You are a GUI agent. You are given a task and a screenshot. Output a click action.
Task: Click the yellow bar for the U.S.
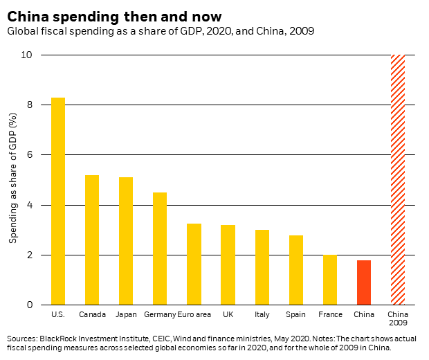click(x=58, y=201)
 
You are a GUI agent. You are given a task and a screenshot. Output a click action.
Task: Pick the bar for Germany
click(x=160, y=249)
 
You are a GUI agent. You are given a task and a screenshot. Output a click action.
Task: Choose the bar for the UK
click(x=228, y=265)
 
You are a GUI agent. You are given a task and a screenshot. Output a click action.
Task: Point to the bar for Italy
click(x=262, y=267)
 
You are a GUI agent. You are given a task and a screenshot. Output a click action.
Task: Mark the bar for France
click(x=330, y=280)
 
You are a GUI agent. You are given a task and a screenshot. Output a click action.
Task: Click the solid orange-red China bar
click(x=364, y=282)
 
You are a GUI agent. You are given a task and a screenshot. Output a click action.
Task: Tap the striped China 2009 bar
click(x=398, y=180)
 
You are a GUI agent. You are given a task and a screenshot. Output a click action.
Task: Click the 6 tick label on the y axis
click(x=30, y=155)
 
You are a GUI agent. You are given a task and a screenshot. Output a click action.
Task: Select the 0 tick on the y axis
click(x=30, y=305)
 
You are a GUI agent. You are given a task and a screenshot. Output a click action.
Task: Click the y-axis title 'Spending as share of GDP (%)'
click(x=13, y=180)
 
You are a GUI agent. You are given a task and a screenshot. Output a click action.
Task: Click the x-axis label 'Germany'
click(x=160, y=315)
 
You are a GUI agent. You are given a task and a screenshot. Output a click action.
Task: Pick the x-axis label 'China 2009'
click(x=398, y=319)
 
